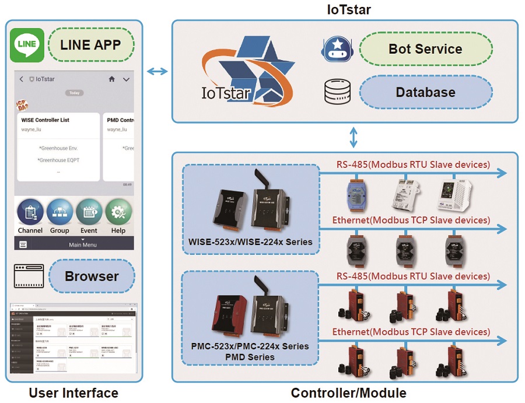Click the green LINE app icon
(x=27, y=45)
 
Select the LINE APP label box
(x=90, y=45)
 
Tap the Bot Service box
(x=425, y=49)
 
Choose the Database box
(x=425, y=92)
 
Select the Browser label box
(x=92, y=276)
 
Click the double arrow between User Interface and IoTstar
(x=156, y=71)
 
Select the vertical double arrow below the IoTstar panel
(x=353, y=138)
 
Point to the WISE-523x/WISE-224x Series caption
(x=251, y=242)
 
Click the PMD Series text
(x=251, y=356)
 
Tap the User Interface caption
(x=73, y=393)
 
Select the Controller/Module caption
(x=348, y=393)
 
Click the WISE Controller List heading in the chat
(x=45, y=120)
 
